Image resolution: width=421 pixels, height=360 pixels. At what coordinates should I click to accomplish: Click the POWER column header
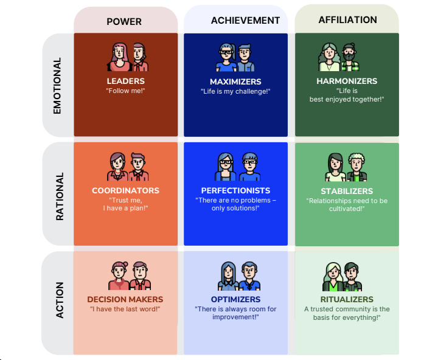(x=124, y=21)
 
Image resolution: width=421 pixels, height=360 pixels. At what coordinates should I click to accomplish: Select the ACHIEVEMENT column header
(x=245, y=21)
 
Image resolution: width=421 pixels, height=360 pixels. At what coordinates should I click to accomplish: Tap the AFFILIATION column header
(x=348, y=20)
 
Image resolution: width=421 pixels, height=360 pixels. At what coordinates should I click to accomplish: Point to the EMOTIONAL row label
(x=57, y=86)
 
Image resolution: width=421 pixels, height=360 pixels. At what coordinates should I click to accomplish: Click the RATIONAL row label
(x=60, y=196)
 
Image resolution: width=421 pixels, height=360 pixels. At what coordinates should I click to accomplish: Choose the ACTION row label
(x=60, y=300)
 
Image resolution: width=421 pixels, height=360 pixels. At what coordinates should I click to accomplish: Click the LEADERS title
(x=126, y=81)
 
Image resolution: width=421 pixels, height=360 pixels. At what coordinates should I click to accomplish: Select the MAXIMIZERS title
(x=235, y=81)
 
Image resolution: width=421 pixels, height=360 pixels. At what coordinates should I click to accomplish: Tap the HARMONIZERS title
(x=347, y=81)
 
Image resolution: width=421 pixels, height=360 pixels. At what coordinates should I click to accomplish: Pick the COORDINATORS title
(x=126, y=190)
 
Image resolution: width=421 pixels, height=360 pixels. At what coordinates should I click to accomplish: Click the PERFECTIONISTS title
(x=235, y=190)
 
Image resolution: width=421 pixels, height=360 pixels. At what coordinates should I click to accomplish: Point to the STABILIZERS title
(x=347, y=191)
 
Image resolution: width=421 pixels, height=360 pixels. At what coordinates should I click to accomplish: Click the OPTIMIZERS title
(x=235, y=299)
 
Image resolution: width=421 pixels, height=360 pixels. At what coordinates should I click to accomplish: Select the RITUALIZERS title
(x=347, y=299)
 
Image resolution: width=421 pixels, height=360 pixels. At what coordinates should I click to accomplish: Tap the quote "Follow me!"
(x=126, y=91)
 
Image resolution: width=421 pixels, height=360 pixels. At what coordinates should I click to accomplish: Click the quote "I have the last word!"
(x=125, y=309)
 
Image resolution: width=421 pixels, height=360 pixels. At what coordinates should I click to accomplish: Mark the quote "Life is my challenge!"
(x=235, y=91)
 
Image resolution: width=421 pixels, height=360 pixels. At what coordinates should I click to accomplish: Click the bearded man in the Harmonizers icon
(x=350, y=57)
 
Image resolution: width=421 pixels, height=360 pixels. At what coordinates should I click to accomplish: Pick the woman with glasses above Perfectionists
(x=226, y=167)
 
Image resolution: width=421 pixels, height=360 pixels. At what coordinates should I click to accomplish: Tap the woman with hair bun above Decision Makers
(x=119, y=275)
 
